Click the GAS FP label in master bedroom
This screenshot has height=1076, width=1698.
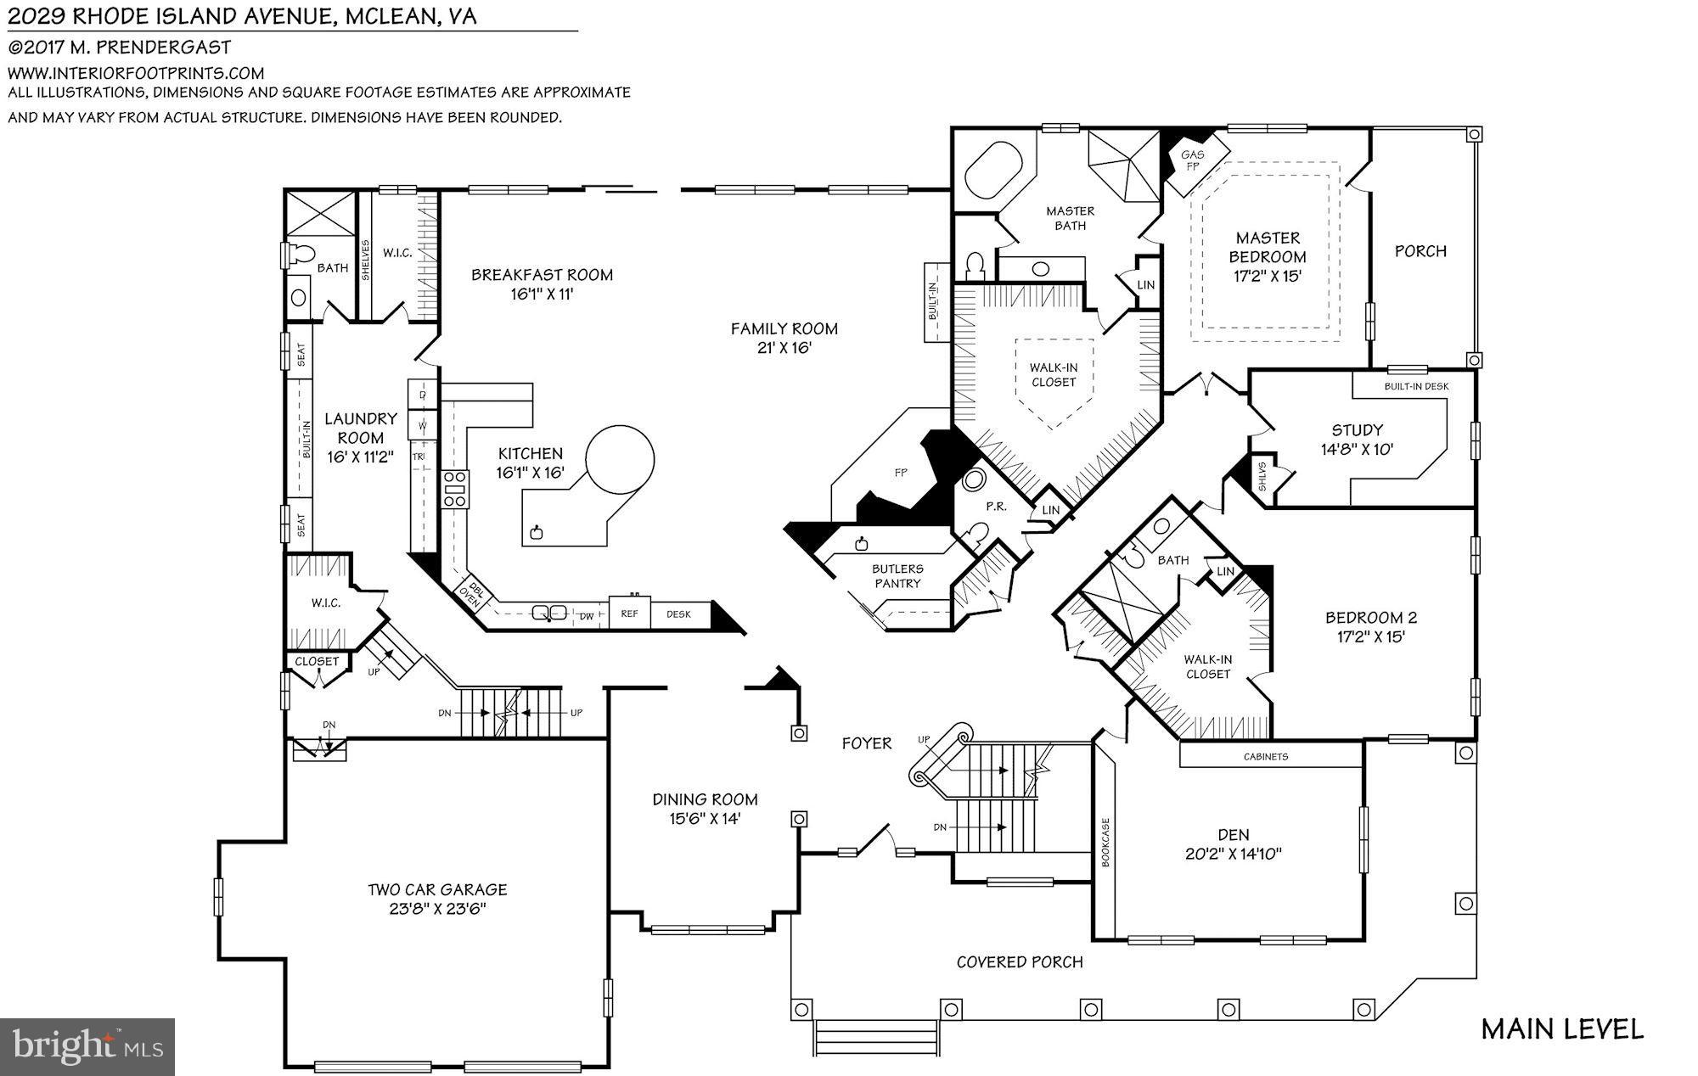coord(1192,160)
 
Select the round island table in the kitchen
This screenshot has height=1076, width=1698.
coord(620,460)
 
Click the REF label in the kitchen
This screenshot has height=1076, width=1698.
coord(629,614)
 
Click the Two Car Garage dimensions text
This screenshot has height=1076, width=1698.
coord(437,909)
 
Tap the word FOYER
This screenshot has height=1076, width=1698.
coord(866,743)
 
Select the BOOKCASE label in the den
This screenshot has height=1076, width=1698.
coord(1105,842)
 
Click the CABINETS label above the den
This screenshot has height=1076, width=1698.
coord(1265,756)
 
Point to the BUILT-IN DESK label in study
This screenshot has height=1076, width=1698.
coord(1416,386)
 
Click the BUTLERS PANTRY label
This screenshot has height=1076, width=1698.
coord(897,576)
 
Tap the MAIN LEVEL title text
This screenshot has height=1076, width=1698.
coord(1562,1029)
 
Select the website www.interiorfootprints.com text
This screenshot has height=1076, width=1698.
coord(136,73)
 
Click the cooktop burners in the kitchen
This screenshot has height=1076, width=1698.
coord(455,490)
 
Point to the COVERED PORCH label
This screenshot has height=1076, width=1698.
coord(1020,961)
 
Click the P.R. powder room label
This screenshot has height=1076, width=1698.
coord(996,507)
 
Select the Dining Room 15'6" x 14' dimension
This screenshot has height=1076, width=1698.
coord(704,819)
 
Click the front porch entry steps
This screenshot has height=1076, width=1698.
coord(876,1037)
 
